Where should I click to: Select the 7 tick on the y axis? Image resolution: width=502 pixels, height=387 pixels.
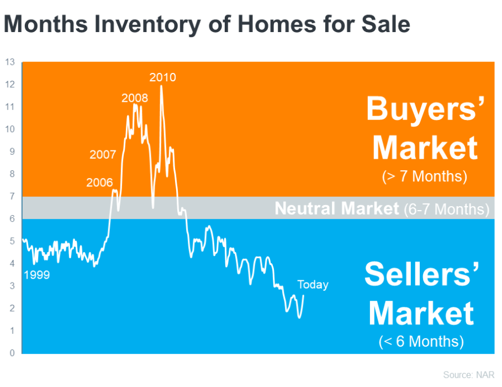coord(12,196)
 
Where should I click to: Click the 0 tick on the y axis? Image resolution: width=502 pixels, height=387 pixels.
coord(12,353)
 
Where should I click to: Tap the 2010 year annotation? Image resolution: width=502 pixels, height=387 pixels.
coord(162,77)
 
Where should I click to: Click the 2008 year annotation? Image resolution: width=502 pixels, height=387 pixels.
coord(135,98)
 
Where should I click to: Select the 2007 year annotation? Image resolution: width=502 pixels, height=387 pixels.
coord(103,155)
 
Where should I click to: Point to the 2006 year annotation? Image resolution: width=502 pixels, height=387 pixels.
coord(99,182)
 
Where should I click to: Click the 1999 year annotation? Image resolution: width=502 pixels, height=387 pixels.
coord(37,275)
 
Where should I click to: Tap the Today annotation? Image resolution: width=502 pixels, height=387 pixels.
coord(313,285)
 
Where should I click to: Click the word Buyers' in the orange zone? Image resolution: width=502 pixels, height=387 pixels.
coord(425,109)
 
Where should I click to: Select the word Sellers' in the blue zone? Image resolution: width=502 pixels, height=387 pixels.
coord(421,274)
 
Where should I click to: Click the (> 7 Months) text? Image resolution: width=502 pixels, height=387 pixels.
coord(425,176)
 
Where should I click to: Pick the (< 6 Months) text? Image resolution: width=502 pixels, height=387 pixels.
coord(421,341)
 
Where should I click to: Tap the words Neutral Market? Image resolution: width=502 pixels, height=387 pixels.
coord(337,208)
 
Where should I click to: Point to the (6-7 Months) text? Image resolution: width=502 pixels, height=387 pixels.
coord(447,210)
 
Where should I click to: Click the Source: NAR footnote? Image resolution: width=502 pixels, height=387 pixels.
coord(469,375)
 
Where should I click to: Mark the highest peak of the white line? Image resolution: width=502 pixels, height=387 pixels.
coord(161,86)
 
